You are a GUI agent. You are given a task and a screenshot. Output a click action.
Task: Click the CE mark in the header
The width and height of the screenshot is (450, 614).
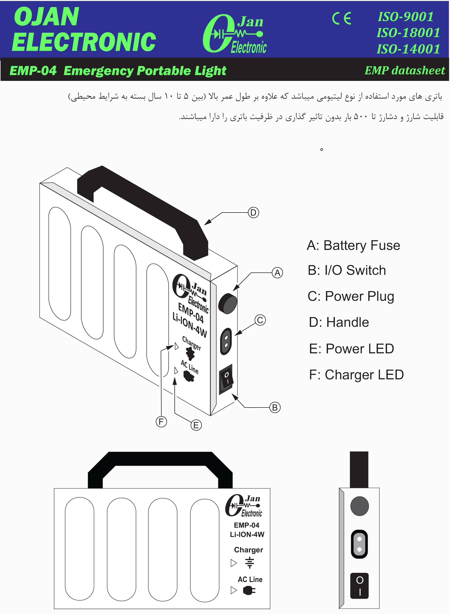point(342,19)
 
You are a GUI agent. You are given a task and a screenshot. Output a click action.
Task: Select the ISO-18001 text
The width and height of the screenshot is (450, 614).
point(408,33)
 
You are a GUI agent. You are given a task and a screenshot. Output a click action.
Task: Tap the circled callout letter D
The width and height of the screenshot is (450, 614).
point(253,212)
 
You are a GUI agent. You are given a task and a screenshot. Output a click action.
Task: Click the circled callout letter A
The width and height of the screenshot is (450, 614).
point(277,273)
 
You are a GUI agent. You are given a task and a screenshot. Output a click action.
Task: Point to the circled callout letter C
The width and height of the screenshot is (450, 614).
point(260,320)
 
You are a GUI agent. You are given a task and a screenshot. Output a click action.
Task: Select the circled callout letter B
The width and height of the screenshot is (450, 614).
point(275,407)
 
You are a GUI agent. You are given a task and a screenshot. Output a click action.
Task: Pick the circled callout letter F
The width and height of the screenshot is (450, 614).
point(161,422)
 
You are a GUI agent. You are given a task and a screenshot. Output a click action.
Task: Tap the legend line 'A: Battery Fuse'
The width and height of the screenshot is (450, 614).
point(353,245)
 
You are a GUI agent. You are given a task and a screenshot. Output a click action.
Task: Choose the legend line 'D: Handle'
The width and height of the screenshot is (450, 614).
point(339,322)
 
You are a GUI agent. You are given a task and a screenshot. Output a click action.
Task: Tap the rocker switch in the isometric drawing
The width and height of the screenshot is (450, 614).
point(226,379)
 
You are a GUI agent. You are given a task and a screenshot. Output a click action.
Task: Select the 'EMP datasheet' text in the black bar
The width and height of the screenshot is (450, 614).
point(405,71)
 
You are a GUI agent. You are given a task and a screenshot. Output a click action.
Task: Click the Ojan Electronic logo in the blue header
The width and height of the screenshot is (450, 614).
point(234,33)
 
